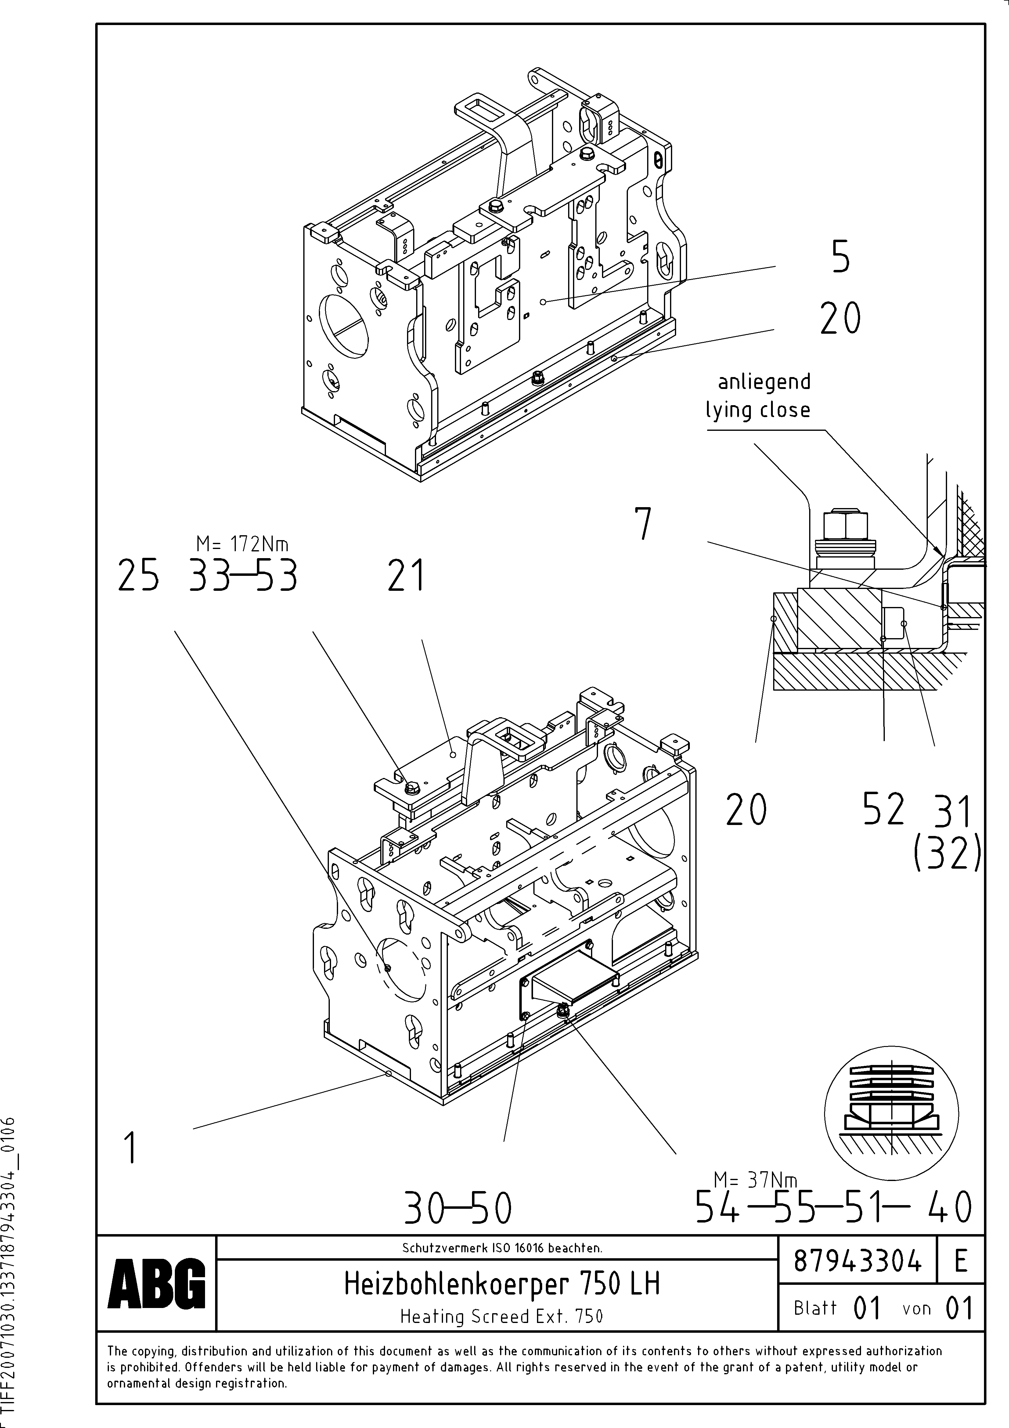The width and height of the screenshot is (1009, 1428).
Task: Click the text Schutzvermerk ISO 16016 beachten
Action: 502,1248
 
